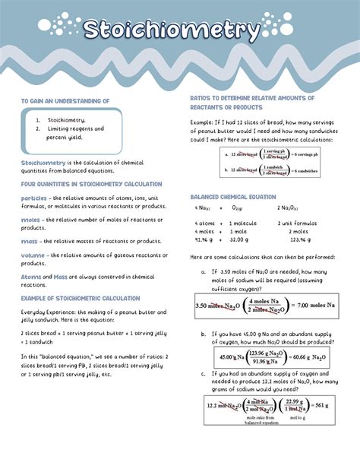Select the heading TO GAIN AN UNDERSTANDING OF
pyautogui.click(x=65, y=100)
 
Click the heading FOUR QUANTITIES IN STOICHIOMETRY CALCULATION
pyautogui.click(x=91, y=184)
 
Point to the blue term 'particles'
pyautogui.click(x=35, y=198)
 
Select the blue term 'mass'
pyautogui.click(x=29, y=241)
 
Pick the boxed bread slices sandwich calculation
pyautogui.click(x=270, y=162)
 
